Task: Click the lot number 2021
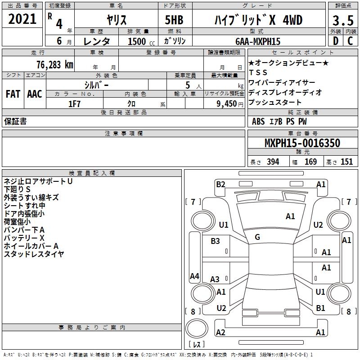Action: point(22,19)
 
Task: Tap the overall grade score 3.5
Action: point(343,20)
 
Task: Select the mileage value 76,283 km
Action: point(55,65)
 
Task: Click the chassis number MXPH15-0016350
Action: point(302,143)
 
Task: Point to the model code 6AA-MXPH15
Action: point(258,41)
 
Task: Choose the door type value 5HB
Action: point(174,20)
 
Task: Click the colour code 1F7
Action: point(74,104)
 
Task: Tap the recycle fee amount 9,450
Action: point(227,104)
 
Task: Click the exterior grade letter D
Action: point(336,41)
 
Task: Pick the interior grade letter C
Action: point(350,41)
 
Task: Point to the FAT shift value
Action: point(13,94)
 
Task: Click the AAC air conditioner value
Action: point(35,94)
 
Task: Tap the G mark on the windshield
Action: point(257,237)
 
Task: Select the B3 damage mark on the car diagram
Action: point(215,241)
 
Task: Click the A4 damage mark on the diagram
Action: point(194,276)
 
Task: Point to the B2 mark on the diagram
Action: point(220,184)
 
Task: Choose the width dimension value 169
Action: point(310,162)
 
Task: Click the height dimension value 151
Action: point(346,162)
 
